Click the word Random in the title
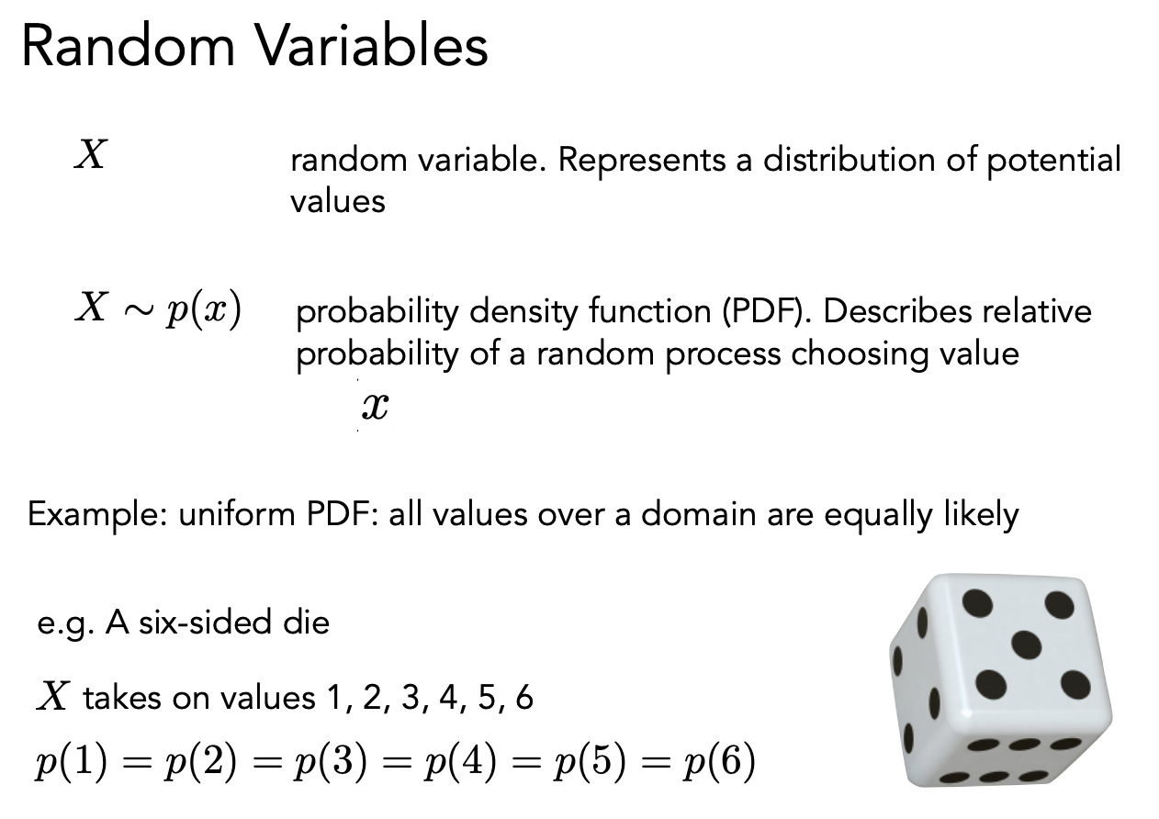pyautogui.click(x=129, y=47)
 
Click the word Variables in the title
pyautogui.click(x=373, y=47)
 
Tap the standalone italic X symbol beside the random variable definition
pyautogui.click(x=91, y=154)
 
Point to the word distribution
pyautogui.click(x=850, y=160)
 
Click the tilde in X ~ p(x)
pyautogui.click(x=139, y=309)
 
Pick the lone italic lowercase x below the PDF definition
pyautogui.click(x=376, y=406)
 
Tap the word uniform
pyautogui.click(x=236, y=515)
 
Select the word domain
pyautogui.click(x=699, y=515)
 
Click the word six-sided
pyautogui.click(x=206, y=623)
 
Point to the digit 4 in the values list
pyautogui.click(x=448, y=697)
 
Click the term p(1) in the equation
pyautogui.click(x=72, y=762)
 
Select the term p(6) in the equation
pyautogui.click(x=719, y=762)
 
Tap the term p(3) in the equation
pyautogui.click(x=331, y=762)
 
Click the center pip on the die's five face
pyautogui.click(x=1026, y=645)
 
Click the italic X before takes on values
pyautogui.click(x=52, y=696)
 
